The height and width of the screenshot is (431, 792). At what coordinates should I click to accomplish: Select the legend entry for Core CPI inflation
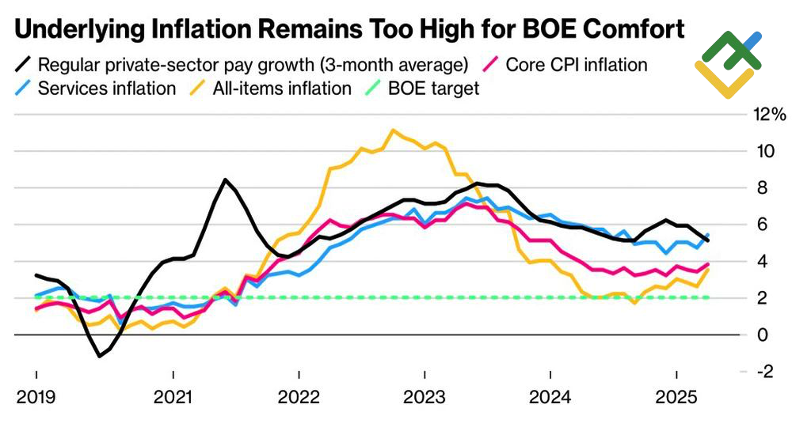tap(576, 64)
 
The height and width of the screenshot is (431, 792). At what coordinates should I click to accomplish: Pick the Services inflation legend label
tap(107, 88)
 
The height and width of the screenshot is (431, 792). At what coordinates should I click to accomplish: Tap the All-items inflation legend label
tap(281, 88)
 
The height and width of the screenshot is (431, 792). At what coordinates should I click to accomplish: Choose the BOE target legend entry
tap(433, 88)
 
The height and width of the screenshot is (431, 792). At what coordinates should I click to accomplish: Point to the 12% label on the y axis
tap(767, 115)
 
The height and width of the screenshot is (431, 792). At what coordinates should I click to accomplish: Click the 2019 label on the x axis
tap(36, 395)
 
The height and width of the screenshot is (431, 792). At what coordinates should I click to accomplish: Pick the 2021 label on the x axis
tap(173, 395)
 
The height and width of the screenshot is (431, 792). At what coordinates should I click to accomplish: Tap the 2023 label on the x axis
tap(425, 395)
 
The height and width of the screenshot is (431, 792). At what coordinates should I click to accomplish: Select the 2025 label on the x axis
tap(676, 395)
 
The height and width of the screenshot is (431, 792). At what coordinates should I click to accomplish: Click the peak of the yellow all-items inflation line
tap(393, 130)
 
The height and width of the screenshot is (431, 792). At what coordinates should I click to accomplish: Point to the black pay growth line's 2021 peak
tap(226, 180)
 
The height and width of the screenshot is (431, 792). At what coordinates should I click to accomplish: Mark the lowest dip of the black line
tap(100, 356)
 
